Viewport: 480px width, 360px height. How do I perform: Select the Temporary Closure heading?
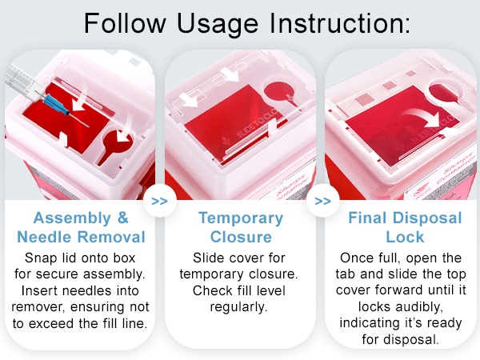tap(240, 227)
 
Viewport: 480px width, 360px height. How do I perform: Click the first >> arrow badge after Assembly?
tap(159, 200)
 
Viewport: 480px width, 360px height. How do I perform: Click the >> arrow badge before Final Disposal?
tap(322, 200)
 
